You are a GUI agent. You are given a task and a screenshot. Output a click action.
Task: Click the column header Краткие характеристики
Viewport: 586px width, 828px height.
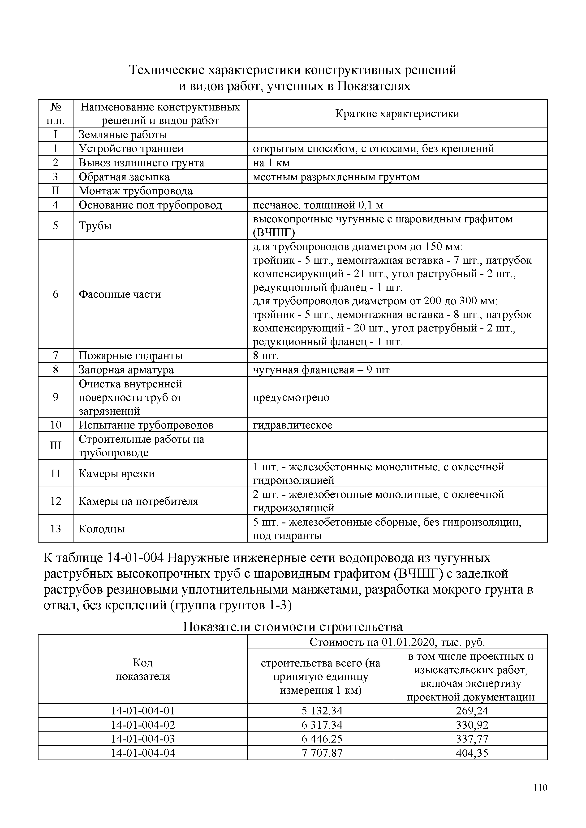click(x=397, y=114)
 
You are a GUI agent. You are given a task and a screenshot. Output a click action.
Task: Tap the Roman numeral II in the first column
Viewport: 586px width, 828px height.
click(x=56, y=191)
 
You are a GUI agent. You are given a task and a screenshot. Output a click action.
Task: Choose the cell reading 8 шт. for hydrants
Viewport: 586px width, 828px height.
click(x=266, y=356)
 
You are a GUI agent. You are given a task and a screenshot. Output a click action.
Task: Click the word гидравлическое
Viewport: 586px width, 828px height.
click(x=292, y=425)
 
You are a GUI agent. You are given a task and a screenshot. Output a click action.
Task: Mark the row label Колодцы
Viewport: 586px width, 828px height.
click(x=102, y=529)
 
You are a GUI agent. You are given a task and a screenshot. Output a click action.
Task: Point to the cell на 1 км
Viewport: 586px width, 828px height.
click(x=271, y=163)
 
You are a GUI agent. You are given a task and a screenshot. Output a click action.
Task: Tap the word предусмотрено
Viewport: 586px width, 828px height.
click(x=291, y=397)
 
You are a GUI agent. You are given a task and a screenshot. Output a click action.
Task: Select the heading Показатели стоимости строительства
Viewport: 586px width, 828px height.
click(x=293, y=627)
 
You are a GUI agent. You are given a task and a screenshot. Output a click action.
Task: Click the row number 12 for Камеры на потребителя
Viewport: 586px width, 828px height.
click(x=56, y=501)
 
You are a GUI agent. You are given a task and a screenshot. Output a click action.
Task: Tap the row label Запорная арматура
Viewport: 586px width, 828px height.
click(x=126, y=370)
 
